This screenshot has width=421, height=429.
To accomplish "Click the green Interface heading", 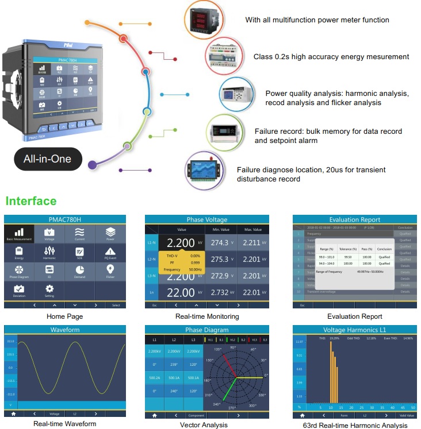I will pyautogui.click(x=31, y=201).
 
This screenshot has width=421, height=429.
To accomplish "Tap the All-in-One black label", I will pyautogui.click(x=48, y=159).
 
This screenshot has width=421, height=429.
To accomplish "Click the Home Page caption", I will pyautogui.click(x=64, y=316).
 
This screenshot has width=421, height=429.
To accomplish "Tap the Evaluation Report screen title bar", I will pyautogui.click(x=355, y=219).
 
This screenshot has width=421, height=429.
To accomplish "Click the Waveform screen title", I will pyautogui.click(x=64, y=330).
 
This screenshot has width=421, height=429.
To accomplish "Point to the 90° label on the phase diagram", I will pyautogui.click(x=233, y=347).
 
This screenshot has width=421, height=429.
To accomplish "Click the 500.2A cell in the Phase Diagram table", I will pyautogui.click(x=155, y=378).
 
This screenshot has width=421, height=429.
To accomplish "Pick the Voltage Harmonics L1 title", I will pyautogui.click(x=355, y=330).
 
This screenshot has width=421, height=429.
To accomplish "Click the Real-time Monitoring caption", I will pyautogui.click(x=207, y=316).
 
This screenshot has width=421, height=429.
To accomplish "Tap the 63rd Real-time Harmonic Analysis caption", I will pyautogui.click(x=355, y=426).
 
